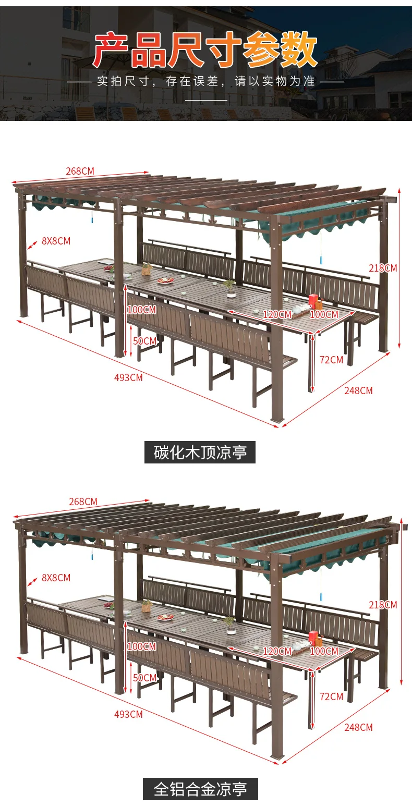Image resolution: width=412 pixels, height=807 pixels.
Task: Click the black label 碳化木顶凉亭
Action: coord(200,452)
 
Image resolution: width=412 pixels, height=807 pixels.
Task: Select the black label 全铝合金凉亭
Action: coord(200,789)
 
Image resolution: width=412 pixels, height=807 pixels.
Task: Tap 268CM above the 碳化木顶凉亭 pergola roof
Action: coord(80,171)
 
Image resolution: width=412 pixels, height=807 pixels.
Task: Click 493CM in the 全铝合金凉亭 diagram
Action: coord(128,714)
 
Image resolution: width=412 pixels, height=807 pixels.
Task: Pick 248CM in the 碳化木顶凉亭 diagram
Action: coord(358,390)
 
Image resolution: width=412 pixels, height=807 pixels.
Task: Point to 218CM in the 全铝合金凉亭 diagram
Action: coord(383,605)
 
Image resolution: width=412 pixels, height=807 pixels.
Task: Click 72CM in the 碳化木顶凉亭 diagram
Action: coord(331,360)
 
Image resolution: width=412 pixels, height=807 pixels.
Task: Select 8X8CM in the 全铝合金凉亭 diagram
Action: coord(56,578)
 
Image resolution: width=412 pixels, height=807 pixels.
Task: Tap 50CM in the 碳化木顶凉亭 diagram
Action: coord(144,341)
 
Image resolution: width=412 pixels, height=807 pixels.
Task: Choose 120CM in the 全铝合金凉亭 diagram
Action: coord(277,651)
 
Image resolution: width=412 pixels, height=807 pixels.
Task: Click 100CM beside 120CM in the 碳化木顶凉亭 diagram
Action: coord(324,314)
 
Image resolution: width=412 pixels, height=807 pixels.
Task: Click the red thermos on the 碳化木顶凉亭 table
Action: coord(313,301)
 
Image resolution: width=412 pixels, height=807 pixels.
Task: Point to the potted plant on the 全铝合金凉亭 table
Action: coord(229,621)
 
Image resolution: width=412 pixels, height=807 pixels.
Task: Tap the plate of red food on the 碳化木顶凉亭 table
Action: coord(166,280)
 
